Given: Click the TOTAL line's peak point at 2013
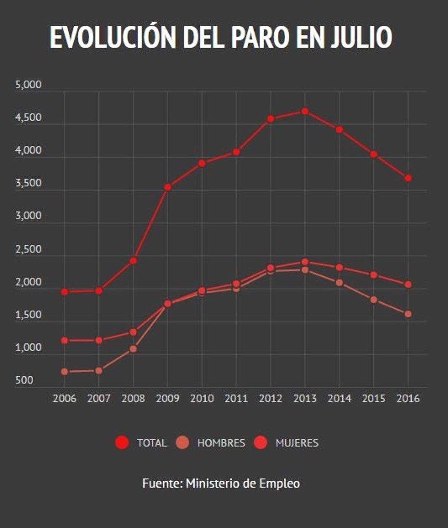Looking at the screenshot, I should [305, 111].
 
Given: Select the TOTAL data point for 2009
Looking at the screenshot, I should [168, 187].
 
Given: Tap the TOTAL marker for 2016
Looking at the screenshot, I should [408, 178].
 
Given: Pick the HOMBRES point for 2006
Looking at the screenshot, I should [65, 372].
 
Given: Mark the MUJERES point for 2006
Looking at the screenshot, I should [65, 340].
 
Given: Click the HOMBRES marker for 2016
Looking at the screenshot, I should [408, 314].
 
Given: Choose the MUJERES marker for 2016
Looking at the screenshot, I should [408, 285].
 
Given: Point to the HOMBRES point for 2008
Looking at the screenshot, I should [133, 349].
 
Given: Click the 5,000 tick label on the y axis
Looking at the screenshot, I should [28, 85].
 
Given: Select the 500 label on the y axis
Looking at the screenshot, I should [25, 381].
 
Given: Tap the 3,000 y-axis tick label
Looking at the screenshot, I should [28, 216].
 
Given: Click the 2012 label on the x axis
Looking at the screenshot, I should [271, 399].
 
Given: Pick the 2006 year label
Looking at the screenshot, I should [65, 399].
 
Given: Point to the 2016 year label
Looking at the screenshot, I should [408, 399].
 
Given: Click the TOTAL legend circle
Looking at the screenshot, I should [122, 443].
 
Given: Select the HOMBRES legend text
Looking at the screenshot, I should [221, 443].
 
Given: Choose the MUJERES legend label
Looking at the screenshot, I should [297, 443].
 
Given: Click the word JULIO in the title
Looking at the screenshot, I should [361, 37].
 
